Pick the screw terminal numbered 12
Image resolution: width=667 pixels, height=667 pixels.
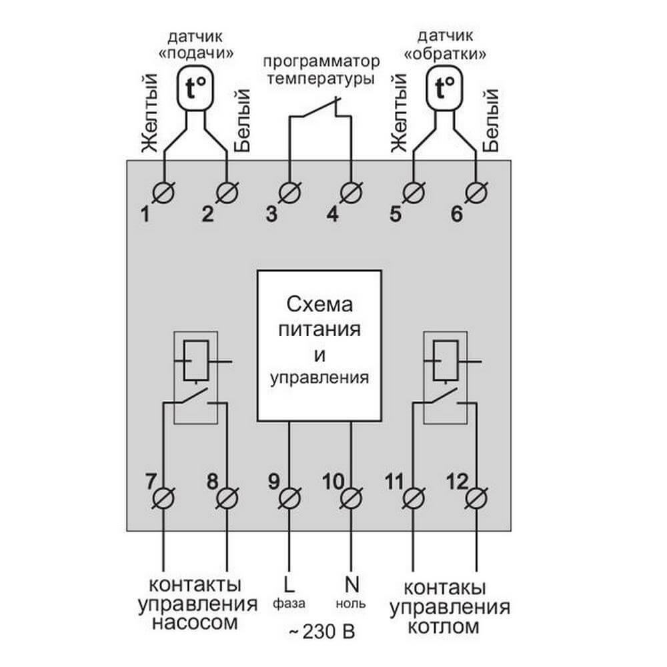476,498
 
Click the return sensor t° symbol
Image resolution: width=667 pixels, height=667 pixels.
444,87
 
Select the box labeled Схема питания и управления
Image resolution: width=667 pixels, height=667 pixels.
319,346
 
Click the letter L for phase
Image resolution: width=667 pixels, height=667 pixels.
288,585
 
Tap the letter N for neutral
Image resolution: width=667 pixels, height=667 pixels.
352,585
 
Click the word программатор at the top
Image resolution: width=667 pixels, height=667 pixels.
320,62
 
